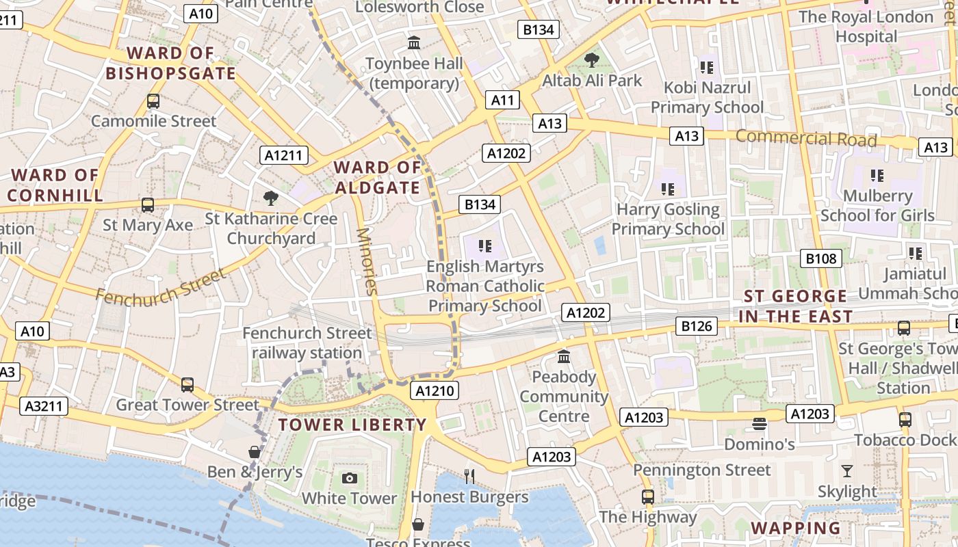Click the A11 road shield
coord(502,100)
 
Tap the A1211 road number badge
coord(283,155)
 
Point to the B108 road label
coord(820,258)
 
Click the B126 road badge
coord(697,326)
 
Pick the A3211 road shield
coord(44,406)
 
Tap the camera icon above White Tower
coord(350,478)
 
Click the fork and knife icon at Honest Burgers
coord(469,477)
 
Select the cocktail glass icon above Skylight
coord(847,470)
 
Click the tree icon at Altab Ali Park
coord(591,60)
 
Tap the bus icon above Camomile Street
coord(153,101)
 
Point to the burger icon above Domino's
coord(759,424)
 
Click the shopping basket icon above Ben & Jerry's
coord(255,452)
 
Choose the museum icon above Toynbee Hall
coord(414,43)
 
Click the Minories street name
coord(367,261)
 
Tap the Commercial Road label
coord(806,138)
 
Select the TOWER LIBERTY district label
coord(352,425)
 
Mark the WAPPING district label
coord(796,528)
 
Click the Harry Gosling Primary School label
coord(668,219)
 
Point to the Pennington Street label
coord(701,470)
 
